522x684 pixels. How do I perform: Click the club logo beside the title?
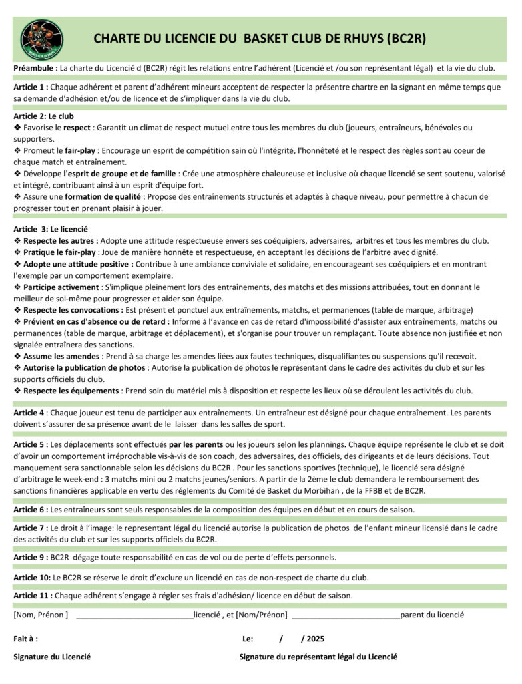(x=43, y=38)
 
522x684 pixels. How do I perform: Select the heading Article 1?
(x=30, y=87)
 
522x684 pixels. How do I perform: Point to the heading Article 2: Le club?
(x=43, y=116)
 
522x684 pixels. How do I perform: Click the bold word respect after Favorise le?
(x=77, y=127)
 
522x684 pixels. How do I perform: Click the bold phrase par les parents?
(x=196, y=444)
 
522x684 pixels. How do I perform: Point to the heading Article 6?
(x=30, y=510)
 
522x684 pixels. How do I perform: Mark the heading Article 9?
(x=30, y=557)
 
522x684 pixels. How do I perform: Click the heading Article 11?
(x=32, y=595)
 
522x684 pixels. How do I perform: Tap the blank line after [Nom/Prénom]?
(x=346, y=615)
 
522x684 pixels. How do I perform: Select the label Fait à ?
(x=26, y=639)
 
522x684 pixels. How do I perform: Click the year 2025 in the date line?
(x=316, y=639)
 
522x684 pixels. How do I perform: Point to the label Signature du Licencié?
(x=52, y=657)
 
